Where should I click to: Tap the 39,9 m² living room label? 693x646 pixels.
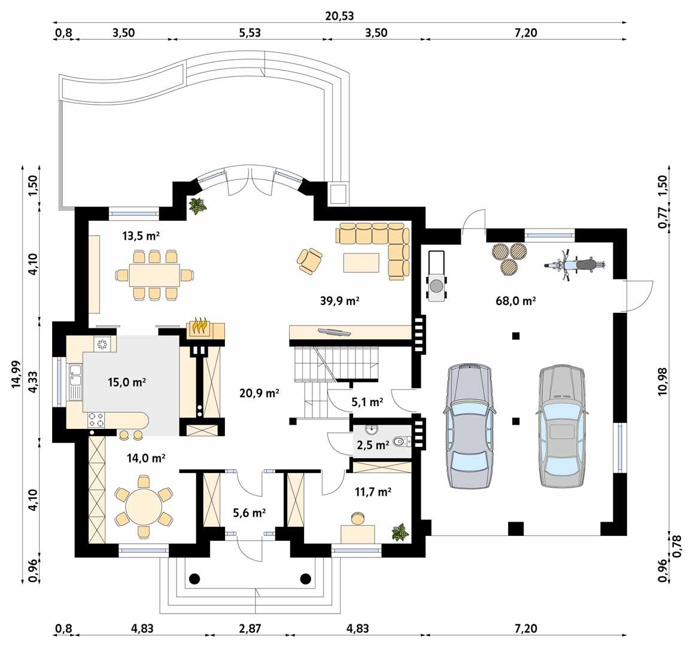[339, 300]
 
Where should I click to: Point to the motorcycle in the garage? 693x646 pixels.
[575, 264]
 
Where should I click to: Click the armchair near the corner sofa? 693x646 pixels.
[309, 261]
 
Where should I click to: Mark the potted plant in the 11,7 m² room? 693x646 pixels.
[399, 532]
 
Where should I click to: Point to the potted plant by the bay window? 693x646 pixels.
[197, 206]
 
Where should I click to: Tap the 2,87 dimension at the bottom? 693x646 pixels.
[250, 629]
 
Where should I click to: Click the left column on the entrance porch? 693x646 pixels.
[194, 578]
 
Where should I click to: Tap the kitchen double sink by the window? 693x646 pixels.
[75, 383]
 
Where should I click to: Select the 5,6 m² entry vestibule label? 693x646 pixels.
[249, 512]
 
